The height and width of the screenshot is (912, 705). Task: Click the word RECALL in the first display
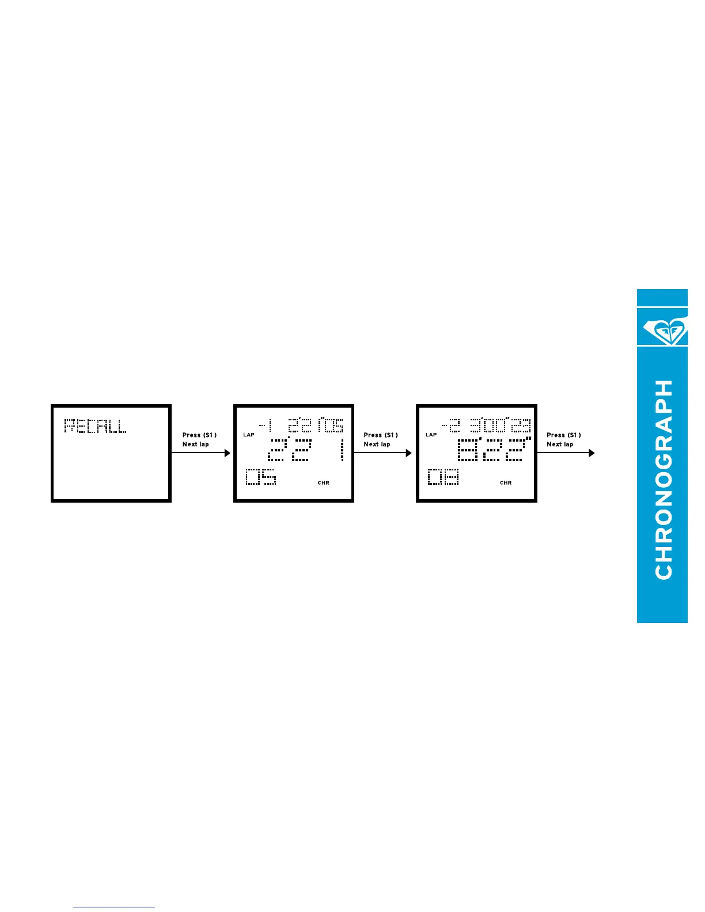pos(95,426)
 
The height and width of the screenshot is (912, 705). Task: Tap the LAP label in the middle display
pos(249,435)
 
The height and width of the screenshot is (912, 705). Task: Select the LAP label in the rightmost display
pos(431,435)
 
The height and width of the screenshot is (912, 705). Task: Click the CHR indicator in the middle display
pos(324,483)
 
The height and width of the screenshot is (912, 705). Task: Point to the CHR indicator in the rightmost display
pos(506,483)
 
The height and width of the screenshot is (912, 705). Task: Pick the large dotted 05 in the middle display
pos(261,477)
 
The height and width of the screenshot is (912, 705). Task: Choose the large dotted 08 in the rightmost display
pos(443,477)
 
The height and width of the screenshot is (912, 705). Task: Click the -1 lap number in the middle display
pos(266,426)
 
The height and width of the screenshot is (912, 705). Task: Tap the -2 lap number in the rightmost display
pos(450,426)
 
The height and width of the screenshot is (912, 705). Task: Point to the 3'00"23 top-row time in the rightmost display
pos(499,426)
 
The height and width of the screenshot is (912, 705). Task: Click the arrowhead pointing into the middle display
pos(227,453)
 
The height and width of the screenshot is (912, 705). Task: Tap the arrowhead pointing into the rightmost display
pos(409,453)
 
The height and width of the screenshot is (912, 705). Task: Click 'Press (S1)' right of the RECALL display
pos(199,435)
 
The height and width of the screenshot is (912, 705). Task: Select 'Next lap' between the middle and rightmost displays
pos(377,444)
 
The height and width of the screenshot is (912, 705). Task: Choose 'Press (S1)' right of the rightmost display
pos(563,435)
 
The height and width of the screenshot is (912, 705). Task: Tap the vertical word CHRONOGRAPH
pos(664,479)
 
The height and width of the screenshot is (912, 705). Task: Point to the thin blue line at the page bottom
pos(114,907)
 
